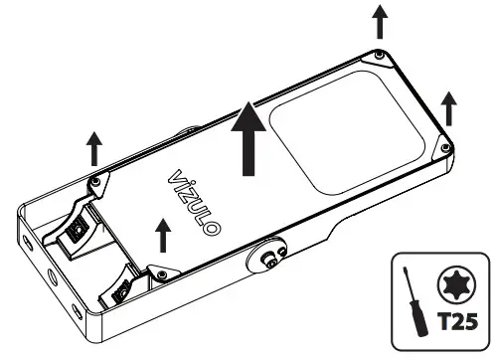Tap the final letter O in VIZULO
pyautogui.click(x=213, y=231)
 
